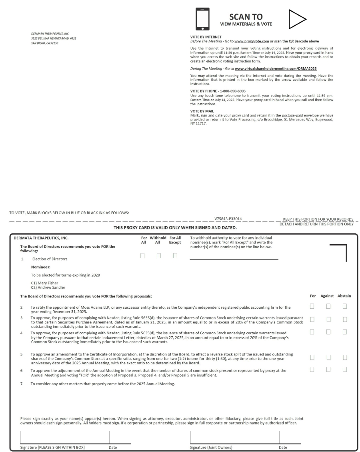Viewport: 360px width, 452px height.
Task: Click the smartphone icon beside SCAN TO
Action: (x=202, y=19)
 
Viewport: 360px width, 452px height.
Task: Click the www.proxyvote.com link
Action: (x=252, y=41)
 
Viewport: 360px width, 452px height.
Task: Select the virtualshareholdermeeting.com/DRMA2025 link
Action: (x=276, y=68)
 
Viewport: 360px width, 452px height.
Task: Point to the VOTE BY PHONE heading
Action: (x=218, y=91)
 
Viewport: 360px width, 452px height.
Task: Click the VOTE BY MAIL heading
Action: (x=202, y=111)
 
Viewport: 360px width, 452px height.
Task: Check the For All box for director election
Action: (x=142, y=255)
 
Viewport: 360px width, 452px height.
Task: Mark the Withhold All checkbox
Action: (x=159, y=255)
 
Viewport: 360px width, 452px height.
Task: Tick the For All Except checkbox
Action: (x=175, y=255)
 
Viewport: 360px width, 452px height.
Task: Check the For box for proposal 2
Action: (x=312, y=306)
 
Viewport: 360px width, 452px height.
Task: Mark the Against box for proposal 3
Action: (x=328, y=319)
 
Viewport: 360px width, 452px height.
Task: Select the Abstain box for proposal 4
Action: (x=345, y=331)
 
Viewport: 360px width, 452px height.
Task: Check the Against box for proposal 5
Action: (x=328, y=357)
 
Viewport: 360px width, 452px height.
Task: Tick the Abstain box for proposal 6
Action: (x=345, y=370)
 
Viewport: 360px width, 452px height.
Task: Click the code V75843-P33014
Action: (x=228, y=219)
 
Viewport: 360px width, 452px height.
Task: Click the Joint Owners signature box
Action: (x=235, y=437)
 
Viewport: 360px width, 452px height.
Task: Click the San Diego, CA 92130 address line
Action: (x=44, y=43)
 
